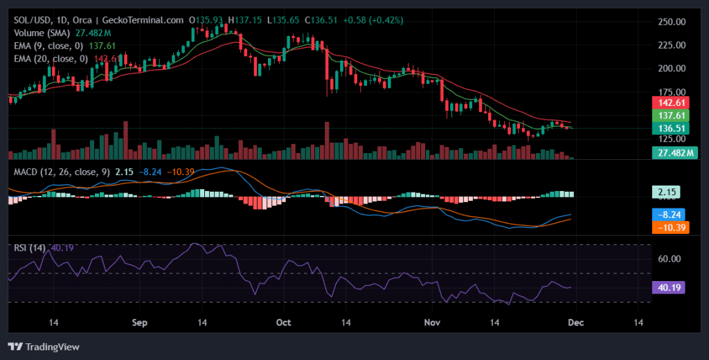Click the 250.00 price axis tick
tap(671, 21)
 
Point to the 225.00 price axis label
tap(671, 45)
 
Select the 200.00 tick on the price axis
tap(671, 69)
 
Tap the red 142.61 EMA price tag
tap(670, 103)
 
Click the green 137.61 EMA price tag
tap(670, 116)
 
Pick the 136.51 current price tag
tap(670, 128)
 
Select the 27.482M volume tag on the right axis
tap(674, 152)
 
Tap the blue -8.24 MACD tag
tap(670, 215)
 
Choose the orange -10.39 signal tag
tap(670, 227)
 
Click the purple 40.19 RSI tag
tap(668, 287)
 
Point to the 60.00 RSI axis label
tap(669, 259)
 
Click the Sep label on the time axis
tap(141, 323)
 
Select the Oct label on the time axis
tap(283, 323)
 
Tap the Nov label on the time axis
tap(433, 323)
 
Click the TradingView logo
tap(44, 346)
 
